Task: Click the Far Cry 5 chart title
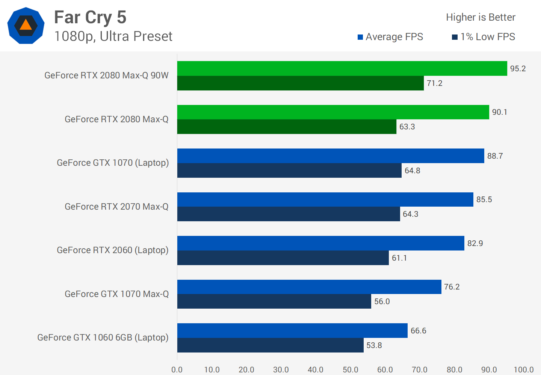(x=90, y=18)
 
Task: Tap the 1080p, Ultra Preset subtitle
(x=113, y=36)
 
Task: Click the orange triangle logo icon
(x=26, y=25)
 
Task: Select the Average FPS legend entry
(x=390, y=37)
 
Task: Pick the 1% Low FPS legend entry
(x=484, y=37)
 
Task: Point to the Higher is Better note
(x=481, y=17)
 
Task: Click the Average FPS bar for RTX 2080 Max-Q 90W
(x=342, y=69)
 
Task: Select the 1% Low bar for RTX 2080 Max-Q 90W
(x=301, y=83)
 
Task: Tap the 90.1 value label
(x=500, y=112)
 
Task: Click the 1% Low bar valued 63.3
(x=287, y=127)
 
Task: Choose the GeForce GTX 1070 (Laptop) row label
(x=113, y=163)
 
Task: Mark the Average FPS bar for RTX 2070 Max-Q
(x=325, y=199)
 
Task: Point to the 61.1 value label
(x=399, y=258)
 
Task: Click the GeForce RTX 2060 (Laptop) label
(x=113, y=250)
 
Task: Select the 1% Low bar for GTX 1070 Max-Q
(x=274, y=301)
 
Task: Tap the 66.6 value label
(x=419, y=331)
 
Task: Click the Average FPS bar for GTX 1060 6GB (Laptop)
(x=292, y=331)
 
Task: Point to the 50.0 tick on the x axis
(x=351, y=370)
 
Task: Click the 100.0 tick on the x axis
(x=524, y=370)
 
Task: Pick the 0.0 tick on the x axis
(x=177, y=370)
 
